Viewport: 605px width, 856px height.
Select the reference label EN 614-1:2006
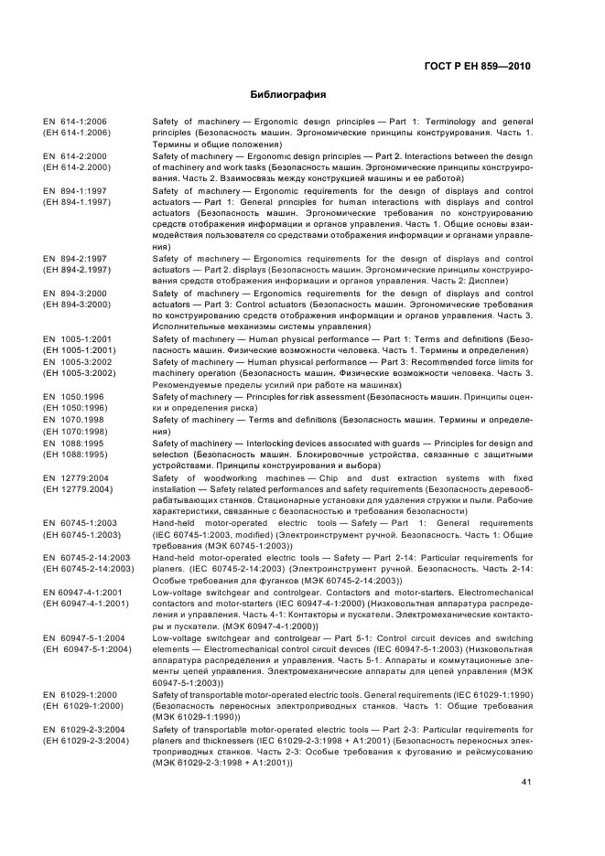click(74, 122)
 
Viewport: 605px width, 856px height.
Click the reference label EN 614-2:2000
click(74, 156)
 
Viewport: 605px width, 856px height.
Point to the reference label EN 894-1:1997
click(74, 191)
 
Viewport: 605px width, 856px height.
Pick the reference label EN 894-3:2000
click(74, 294)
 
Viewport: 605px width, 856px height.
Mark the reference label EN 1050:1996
click(72, 396)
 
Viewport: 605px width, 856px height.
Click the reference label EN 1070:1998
click(72, 419)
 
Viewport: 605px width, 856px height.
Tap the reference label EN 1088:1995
click(72, 443)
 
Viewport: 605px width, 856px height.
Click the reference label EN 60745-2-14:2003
click(86, 557)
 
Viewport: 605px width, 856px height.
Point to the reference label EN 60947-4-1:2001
click(84, 592)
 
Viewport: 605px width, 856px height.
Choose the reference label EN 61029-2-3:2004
click(84, 729)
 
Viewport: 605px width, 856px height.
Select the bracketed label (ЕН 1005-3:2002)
click(80, 373)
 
